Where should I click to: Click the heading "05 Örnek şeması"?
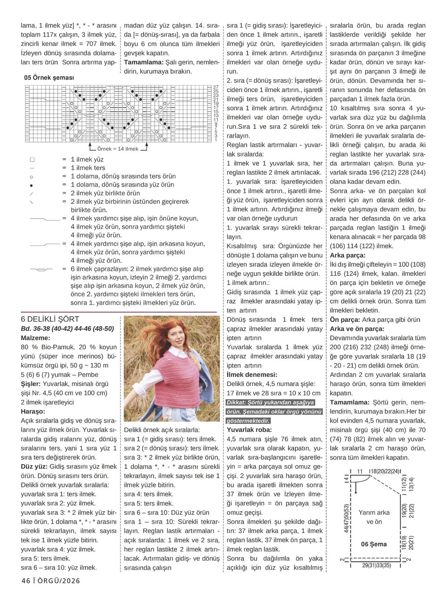pyautogui.click(x=49, y=78)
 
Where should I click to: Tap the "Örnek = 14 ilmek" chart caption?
pyautogui.click(x=118, y=149)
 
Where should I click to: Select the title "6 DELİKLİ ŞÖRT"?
pyautogui.click(x=50, y=319)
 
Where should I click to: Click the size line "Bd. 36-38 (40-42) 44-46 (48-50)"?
pyautogui.click(x=67, y=329)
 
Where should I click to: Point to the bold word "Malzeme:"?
pyautogui.click(x=36, y=338)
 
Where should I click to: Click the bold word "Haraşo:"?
pyautogui.click(x=33, y=411)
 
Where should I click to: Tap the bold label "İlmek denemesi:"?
pyautogui.click(x=252, y=375)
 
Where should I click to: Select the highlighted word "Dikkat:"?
pyautogui.click(x=240, y=402)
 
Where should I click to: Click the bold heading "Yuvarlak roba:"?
pyautogui.click(x=249, y=430)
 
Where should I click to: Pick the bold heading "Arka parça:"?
pyautogui.click(x=348, y=255)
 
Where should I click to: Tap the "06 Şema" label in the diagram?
pyautogui.click(x=374, y=544)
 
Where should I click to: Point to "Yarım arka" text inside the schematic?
pyautogui.click(x=374, y=512)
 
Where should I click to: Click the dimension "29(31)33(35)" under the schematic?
pyautogui.click(x=376, y=566)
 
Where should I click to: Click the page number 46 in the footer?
pyautogui.click(x=26, y=581)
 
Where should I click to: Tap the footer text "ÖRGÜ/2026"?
pyautogui.click(x=59, y=581)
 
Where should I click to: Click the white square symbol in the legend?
pyautogui.click(x=32, y=160)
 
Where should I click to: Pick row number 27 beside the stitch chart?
pyautogui.click(x=216, y=87)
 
